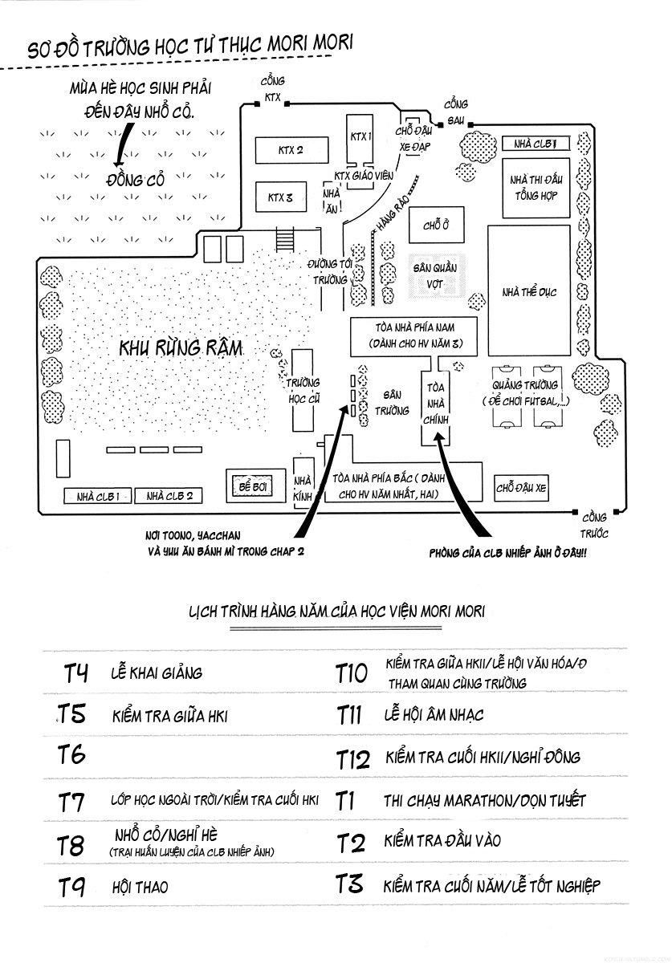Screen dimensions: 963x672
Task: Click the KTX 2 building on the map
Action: click(281, 150)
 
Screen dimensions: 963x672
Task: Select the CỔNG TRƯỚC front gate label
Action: click(595, 526)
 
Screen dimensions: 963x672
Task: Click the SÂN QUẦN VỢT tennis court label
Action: click(434, 275)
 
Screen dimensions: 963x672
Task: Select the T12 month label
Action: click(352, 758)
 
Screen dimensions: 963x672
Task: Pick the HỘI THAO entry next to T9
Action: click(141, 887)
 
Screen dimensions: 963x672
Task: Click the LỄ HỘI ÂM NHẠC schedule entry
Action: click(434, 714)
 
